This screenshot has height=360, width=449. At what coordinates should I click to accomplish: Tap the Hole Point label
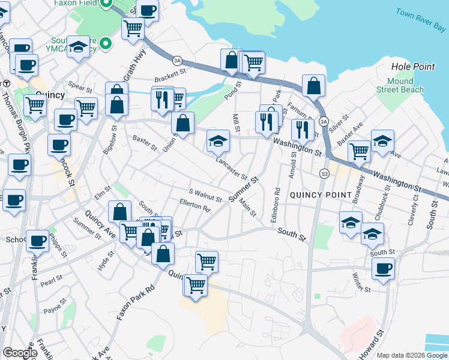pyautogui.click(x=412, y=66)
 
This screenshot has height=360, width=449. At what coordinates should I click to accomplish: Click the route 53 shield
pyautogui.click(x=325, y=173)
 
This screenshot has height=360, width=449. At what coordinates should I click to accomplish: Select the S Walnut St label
pyautogui.click(x=205, y=196)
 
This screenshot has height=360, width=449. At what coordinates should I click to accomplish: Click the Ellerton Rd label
pyautogui.click(x=194, y=206)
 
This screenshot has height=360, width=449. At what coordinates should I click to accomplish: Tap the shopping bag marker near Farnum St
pyautogui.click(x=313, y=86)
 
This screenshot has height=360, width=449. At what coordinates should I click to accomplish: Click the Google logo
pyautogui.click(x=20, y=353)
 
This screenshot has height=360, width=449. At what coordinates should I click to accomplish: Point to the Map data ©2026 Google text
pyautogui.click(x=411, y=355)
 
